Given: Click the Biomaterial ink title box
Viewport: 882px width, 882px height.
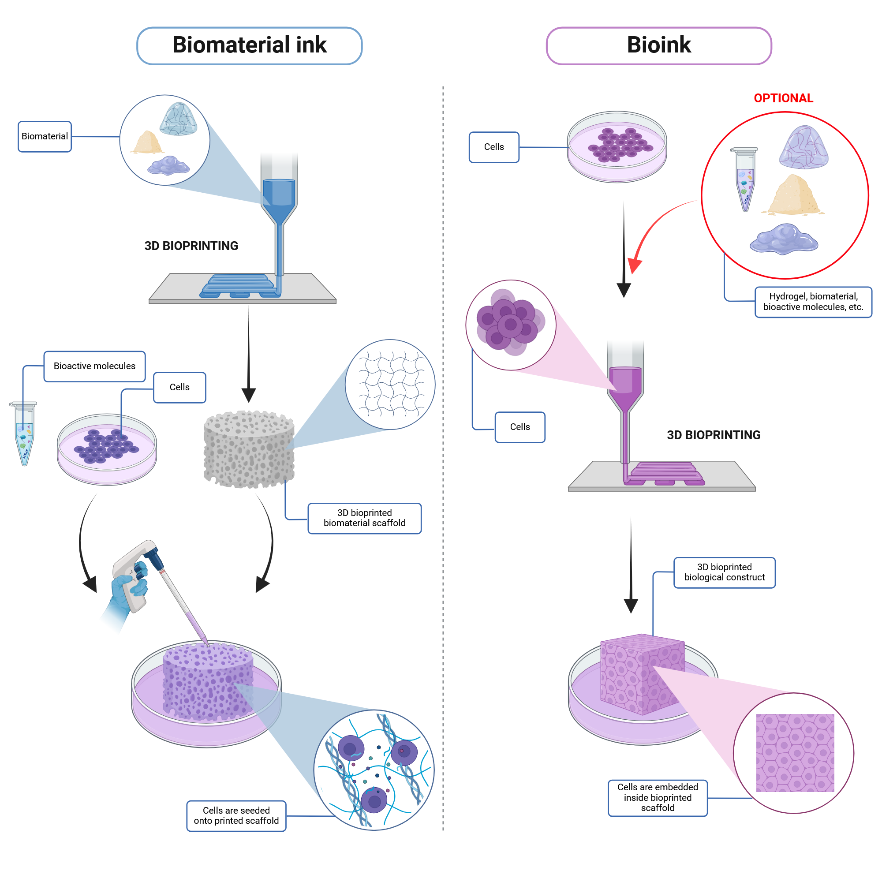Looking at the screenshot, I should (x=249, y=46).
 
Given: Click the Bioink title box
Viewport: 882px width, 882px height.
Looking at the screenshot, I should (x=658, y=46).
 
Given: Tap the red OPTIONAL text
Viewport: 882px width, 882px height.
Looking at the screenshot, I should (x=783, y=98).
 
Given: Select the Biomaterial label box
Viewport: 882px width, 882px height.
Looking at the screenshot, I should (x=45, y=137).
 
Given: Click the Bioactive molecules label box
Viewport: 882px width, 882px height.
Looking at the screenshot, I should (x=94, y=366).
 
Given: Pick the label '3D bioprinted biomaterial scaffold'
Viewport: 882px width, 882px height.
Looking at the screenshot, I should (x=364, y=518).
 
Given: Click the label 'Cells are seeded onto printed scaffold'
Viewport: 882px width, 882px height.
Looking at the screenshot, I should (x=236, y=816).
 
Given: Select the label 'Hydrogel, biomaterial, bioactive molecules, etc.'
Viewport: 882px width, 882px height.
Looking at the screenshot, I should (x=813, y=302).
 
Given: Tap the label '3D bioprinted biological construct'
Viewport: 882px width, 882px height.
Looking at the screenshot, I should (x=724, y=572).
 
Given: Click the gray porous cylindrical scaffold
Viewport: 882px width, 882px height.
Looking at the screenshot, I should (x=249, y=450).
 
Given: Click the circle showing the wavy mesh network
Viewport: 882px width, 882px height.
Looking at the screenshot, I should (x=390, y=385).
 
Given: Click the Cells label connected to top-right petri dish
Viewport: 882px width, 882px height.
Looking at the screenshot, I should (x=494, y=147).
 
